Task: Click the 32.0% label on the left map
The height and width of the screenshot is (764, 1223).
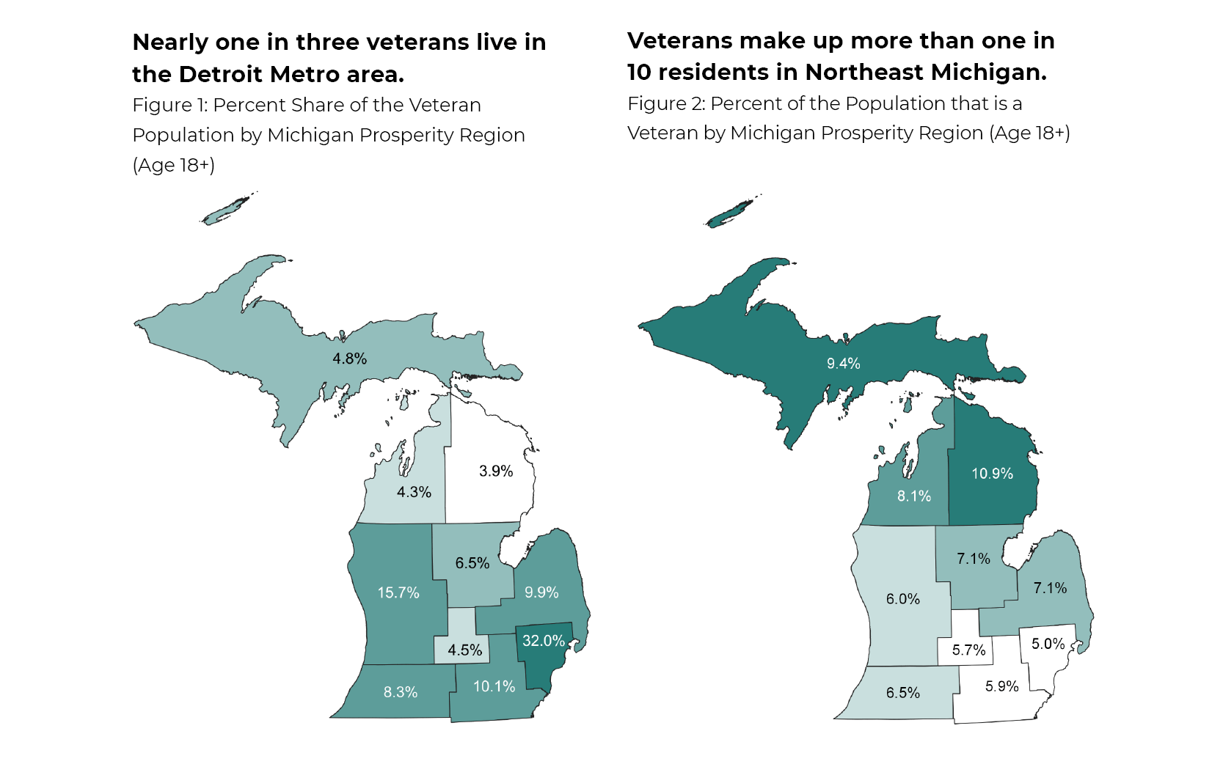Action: (x=543, y=641)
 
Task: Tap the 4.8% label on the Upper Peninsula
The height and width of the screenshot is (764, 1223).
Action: (x=349, y=359)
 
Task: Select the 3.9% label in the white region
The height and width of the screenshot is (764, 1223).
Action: (x=496, y=471)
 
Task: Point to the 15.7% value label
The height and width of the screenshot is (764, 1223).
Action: (x=398, y=592)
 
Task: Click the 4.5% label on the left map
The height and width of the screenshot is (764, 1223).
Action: (x=464, y=650)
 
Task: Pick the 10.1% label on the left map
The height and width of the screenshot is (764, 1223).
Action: (x=494, y=686)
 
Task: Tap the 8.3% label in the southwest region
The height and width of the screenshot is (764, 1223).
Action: (x=401, y=692)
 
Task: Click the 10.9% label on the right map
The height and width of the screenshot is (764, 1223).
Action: (x=992, y=474)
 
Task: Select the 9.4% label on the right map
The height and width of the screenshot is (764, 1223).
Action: (x=843, y=364)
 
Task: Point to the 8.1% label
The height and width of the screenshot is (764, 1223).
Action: (x=913, y=496)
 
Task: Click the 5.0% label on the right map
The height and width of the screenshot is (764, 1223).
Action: (x=1048, y=644)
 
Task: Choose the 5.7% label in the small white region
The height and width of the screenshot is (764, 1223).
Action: (x=968, y=650)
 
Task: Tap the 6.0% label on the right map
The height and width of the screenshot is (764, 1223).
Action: (x=902, y=599)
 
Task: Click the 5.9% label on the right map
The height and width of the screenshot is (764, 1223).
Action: (x=1001, y=686)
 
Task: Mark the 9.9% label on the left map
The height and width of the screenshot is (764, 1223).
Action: (x=541, y=592)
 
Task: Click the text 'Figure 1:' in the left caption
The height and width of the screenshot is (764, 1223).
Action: (x=169, y=105)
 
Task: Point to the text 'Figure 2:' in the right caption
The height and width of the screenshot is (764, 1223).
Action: (x=666, y=103)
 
